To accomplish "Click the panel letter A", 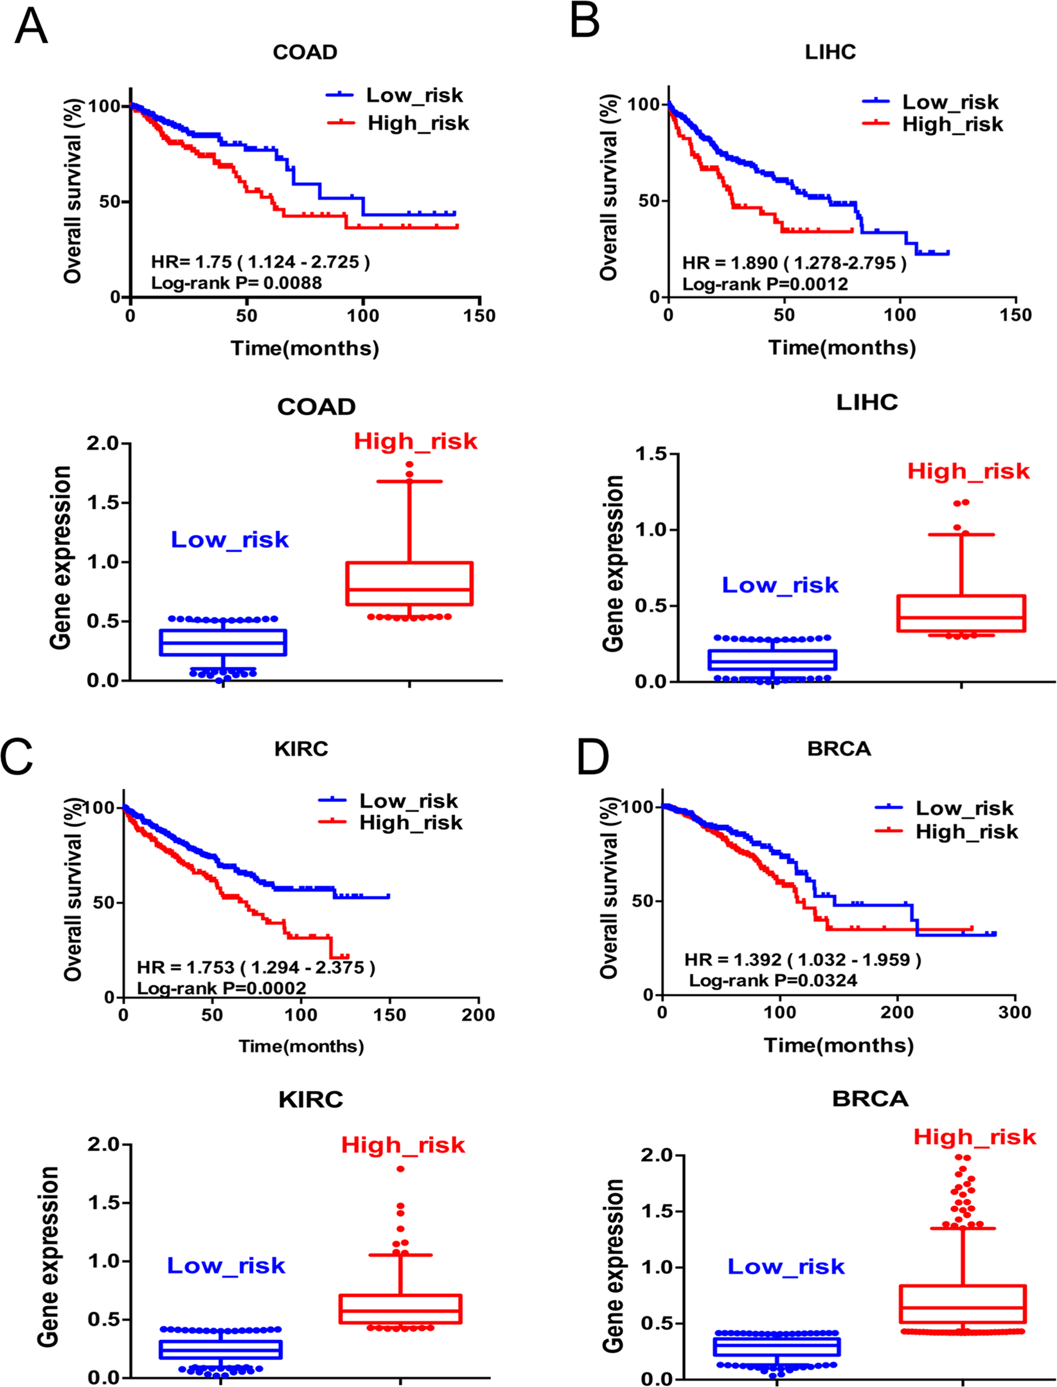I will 31,27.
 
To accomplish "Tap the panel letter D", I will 592,757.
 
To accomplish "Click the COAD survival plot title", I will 305,52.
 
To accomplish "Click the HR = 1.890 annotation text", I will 794,263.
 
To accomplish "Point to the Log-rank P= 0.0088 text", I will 236,283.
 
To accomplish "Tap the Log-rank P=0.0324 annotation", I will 773,980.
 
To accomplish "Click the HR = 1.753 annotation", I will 256,967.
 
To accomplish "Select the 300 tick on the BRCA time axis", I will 1015,1012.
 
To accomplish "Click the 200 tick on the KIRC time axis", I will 478,1015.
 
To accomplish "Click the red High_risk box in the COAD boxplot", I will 409,583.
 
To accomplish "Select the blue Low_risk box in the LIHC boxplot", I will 772,660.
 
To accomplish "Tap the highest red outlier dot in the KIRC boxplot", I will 400,1169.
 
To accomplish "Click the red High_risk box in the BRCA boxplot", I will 963,1303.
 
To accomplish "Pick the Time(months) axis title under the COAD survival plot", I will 305,348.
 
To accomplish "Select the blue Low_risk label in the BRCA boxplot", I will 786,1266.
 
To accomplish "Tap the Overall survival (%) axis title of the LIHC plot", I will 608,187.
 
